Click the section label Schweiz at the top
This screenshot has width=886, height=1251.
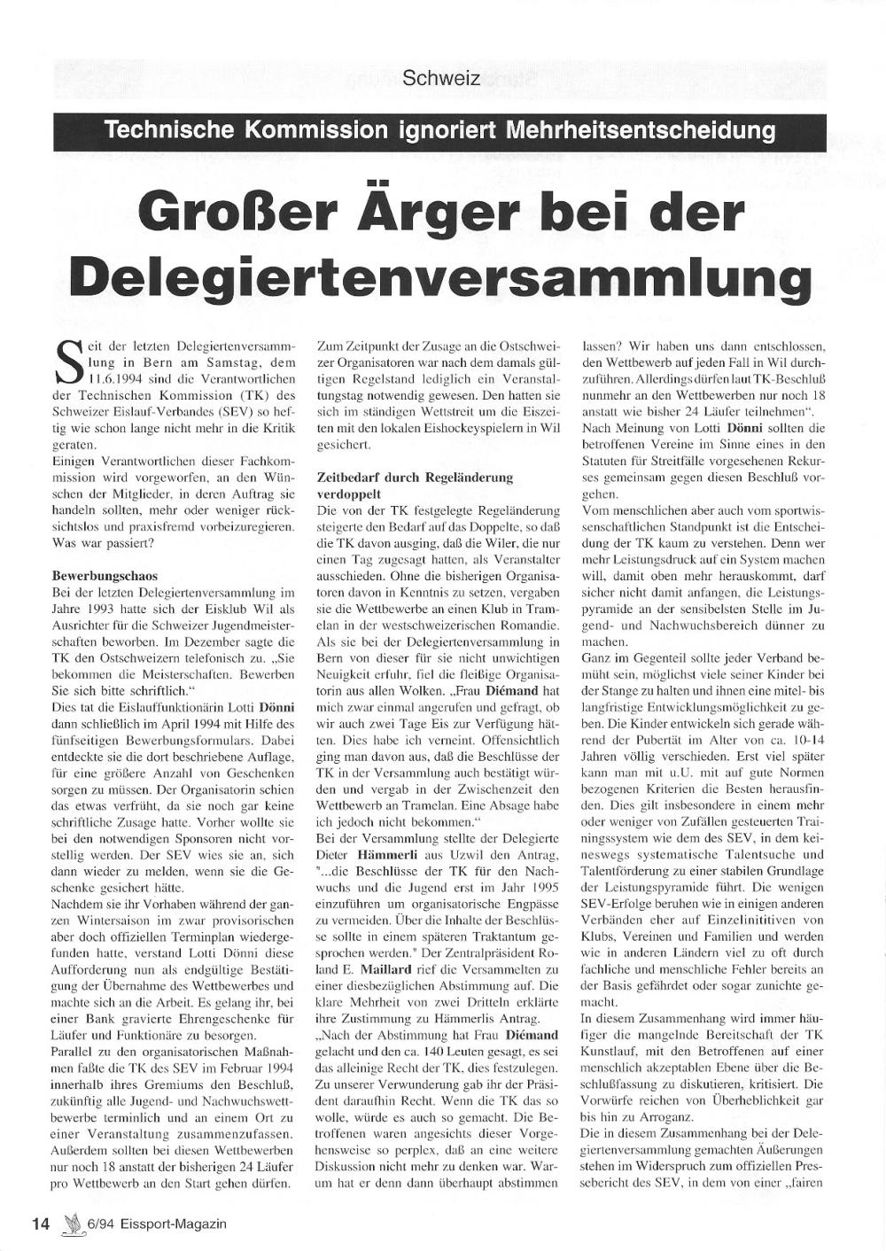441,78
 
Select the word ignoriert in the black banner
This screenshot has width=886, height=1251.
446,131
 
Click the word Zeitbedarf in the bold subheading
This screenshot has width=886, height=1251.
347,478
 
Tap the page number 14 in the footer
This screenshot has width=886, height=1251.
41,1224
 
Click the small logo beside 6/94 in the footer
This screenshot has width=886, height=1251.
71,1223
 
